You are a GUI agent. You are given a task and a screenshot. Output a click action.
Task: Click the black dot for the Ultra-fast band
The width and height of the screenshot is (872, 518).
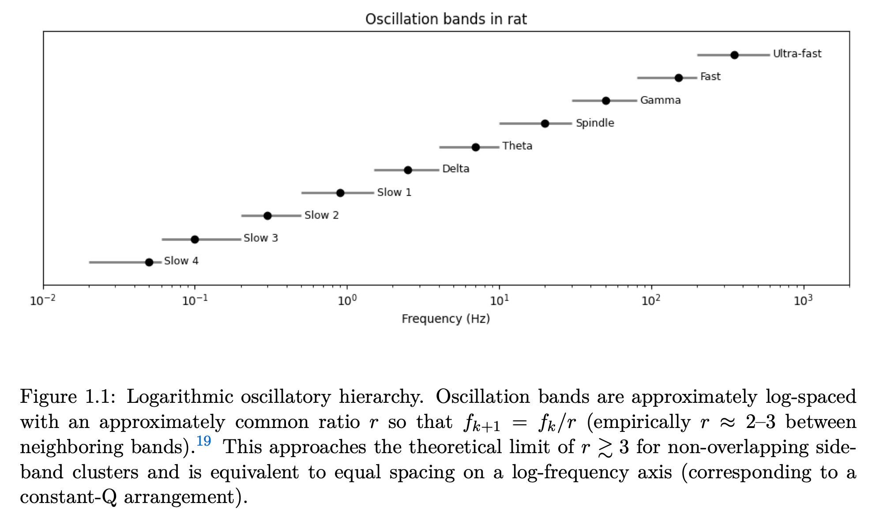[734, 55]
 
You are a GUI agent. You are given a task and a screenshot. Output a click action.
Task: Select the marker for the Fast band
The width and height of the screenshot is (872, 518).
[679, 78]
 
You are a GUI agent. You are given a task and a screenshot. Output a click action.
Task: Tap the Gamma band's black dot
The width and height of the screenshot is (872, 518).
[606, 101]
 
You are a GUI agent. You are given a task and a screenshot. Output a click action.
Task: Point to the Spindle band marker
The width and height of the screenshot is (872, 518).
[545, 124]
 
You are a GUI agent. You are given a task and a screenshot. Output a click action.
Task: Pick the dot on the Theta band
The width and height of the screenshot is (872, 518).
[476, 147]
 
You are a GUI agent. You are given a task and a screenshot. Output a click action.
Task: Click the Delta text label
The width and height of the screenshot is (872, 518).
[455, 169]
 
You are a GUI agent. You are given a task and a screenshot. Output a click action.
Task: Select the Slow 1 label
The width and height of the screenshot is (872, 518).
[394, 192]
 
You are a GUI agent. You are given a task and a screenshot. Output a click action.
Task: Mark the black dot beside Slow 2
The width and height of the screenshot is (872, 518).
[267, 216]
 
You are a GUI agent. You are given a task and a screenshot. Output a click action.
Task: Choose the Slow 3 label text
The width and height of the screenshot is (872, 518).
[261, 238]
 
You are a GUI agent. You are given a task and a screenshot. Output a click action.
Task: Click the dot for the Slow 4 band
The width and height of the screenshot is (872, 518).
[149, 262]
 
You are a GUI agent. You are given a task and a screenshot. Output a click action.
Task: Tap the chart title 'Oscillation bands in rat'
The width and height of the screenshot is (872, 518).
[446, 19]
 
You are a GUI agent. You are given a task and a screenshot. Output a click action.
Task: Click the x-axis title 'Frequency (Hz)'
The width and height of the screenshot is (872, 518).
[446, 319]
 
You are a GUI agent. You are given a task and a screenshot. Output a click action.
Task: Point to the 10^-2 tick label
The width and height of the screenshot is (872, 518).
[43, 301]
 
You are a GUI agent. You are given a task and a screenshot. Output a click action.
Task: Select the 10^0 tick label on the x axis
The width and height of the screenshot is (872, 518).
[347, 301]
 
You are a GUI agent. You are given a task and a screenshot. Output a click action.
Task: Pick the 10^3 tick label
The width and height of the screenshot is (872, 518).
[803, 301]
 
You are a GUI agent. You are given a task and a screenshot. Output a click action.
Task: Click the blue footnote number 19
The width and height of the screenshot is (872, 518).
[203, 441]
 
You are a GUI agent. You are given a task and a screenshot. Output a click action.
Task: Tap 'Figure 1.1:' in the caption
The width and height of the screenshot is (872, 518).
[68, 397]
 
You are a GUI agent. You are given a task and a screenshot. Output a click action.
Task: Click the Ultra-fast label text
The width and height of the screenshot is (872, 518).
[797, 54]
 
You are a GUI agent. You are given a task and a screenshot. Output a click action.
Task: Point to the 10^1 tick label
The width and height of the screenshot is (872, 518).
[500, 301]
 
